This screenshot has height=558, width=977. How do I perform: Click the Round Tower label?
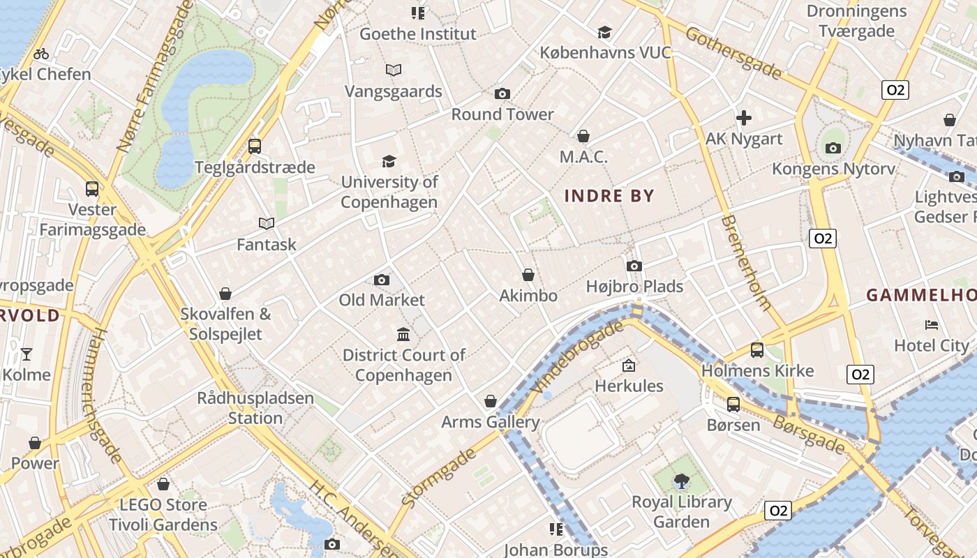click(x=502, y=114)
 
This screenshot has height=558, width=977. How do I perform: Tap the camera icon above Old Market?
click(x=382, y=280)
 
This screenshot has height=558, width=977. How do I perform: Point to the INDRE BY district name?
click(x=609, y=196)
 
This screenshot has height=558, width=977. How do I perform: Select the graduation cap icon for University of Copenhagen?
click(x=389, y=161)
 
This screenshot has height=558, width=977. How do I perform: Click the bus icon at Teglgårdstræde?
click(x=255, y=146)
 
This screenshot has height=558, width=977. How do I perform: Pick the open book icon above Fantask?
click(x=266, y=223)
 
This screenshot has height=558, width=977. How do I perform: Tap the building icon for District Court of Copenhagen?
click(x=403, y=335)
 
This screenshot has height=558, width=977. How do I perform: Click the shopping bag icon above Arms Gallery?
click(x=491, y=401)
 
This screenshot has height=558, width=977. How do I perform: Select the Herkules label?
click(x=629, y=386)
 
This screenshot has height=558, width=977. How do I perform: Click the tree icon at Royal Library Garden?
click(x=681, y=481)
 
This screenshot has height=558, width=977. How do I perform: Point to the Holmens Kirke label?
click(x=757, y=371)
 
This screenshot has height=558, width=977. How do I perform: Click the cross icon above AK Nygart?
click(x=744, y=118)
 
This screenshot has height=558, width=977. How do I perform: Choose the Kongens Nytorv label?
click(x=823, y=169)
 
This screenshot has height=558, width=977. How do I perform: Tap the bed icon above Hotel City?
click(x=932, y=324)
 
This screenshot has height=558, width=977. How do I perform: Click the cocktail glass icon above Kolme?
click(x=27, y=354)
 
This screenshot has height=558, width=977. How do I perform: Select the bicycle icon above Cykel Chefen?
click(x=41, y=54)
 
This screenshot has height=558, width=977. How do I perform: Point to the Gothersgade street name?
click(x=733, y=52)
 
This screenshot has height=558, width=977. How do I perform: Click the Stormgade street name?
click(x=438, y=477)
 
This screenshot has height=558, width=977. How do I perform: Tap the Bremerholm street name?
click(x=746, y=262)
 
